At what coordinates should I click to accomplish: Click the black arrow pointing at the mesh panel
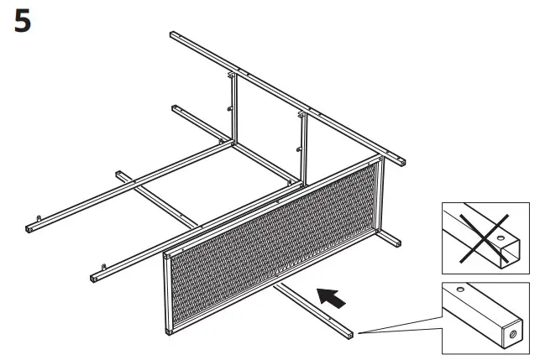click(332, 296)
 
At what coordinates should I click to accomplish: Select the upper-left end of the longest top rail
click(173, 34)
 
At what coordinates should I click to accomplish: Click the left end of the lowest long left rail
click(92, 278)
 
